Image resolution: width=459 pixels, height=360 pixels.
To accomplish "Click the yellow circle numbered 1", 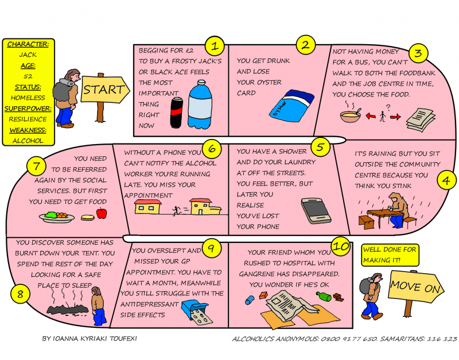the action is [x=215, y=46].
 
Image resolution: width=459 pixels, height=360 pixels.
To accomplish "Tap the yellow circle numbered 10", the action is [x=341, y=246].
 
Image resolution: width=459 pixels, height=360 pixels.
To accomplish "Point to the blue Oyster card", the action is [x=292, y=106].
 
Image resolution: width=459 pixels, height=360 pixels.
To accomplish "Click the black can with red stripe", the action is [x=177, y=113].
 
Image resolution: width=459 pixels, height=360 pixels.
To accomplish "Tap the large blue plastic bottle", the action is [x=200, y=104].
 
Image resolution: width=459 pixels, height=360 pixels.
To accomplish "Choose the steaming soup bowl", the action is [x=351, y=114].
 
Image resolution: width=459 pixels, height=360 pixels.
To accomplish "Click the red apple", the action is [x=102, y=213].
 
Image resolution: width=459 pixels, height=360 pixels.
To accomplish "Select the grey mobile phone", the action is [x=316, y=211].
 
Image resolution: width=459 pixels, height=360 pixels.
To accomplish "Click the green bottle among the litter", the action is [x=324, y=296].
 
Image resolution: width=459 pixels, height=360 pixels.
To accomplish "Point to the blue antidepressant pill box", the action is [x=195, y=312].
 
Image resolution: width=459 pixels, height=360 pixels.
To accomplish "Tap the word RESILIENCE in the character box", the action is [x=28, y=119].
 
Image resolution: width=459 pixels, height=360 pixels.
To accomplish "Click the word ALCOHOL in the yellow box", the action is [x=28, y=141].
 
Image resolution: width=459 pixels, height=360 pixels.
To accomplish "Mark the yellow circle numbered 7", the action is [x=36, y=166].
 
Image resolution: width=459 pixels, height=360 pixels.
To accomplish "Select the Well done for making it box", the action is [x=390, y=255].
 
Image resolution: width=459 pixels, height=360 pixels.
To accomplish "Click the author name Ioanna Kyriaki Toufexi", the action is [x=90, y=339].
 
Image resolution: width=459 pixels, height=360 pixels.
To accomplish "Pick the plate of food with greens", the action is [x=56, y=217].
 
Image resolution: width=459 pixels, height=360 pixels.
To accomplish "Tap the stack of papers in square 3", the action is [x=421, y=119].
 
